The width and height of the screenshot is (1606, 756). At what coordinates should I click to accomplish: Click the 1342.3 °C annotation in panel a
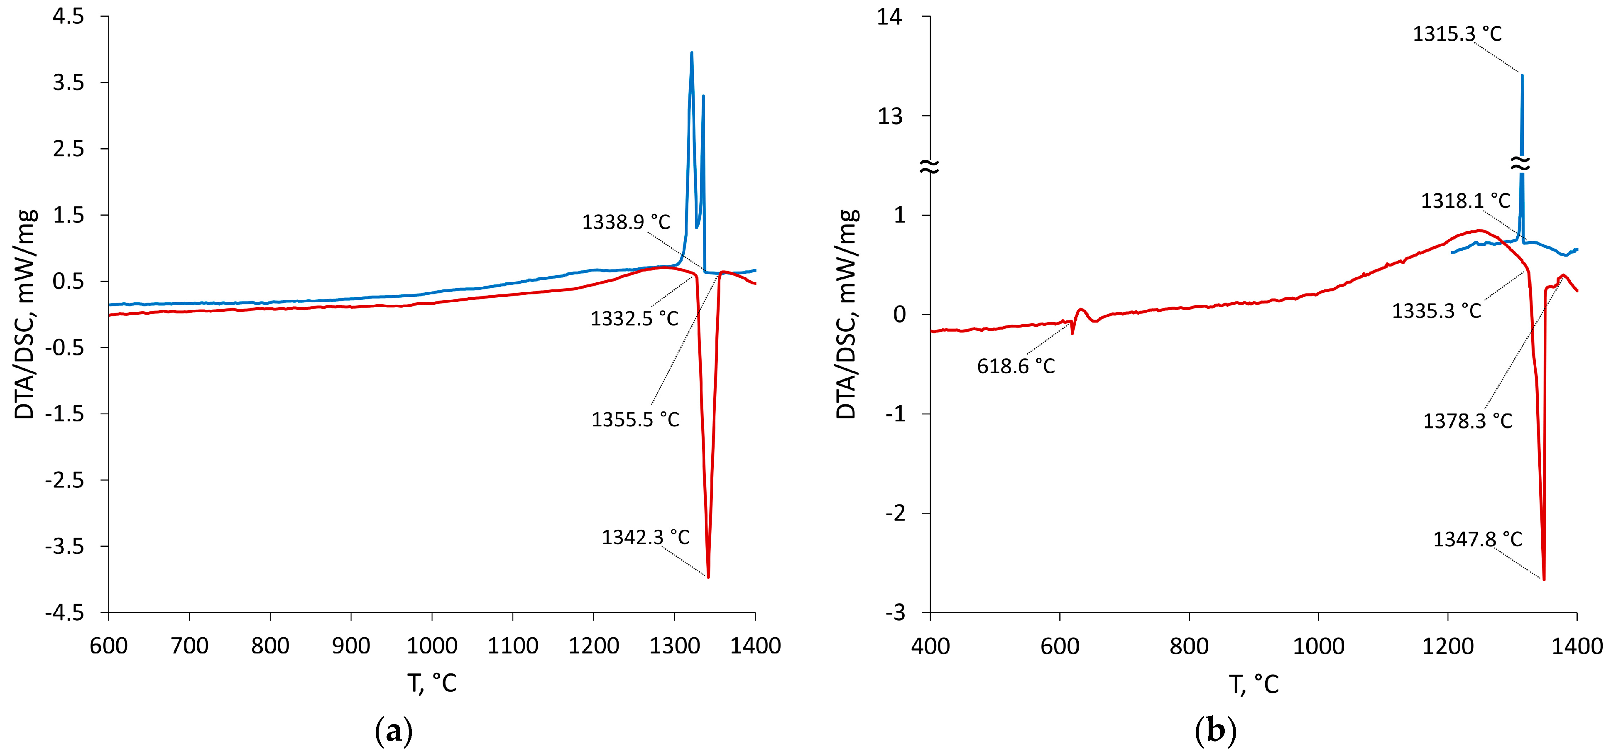pos(645,537)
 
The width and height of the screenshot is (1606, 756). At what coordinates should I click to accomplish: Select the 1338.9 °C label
pos(626,222)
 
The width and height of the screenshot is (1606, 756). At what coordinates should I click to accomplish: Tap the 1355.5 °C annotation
pos(635,419)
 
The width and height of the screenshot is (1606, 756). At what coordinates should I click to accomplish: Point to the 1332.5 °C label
pos(634,318)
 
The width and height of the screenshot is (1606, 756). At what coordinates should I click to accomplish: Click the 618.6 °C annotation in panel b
pos(1016,366)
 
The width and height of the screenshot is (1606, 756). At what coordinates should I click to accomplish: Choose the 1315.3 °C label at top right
pos(1457,34)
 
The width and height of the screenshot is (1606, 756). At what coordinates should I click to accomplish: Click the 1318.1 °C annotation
pos(1466,201)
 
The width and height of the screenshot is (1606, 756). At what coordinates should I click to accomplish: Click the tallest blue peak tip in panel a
pos(691,53)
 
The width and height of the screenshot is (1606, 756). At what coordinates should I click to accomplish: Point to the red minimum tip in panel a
pos(708,577)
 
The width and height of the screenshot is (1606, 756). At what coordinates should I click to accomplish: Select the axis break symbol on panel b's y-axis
pos(930,166)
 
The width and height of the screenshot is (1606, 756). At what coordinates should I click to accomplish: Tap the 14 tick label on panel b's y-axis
pos(890,17)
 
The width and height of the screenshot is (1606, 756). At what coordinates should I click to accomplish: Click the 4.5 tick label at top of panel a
pos(68,17)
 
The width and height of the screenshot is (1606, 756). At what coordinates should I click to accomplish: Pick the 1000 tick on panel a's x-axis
pos(431,645)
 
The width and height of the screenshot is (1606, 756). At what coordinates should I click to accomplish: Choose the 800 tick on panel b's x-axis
pos(1189,646)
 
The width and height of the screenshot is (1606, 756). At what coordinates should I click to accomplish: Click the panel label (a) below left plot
pos(393,730)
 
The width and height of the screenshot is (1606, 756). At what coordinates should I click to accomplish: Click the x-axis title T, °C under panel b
pos(1253,684)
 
